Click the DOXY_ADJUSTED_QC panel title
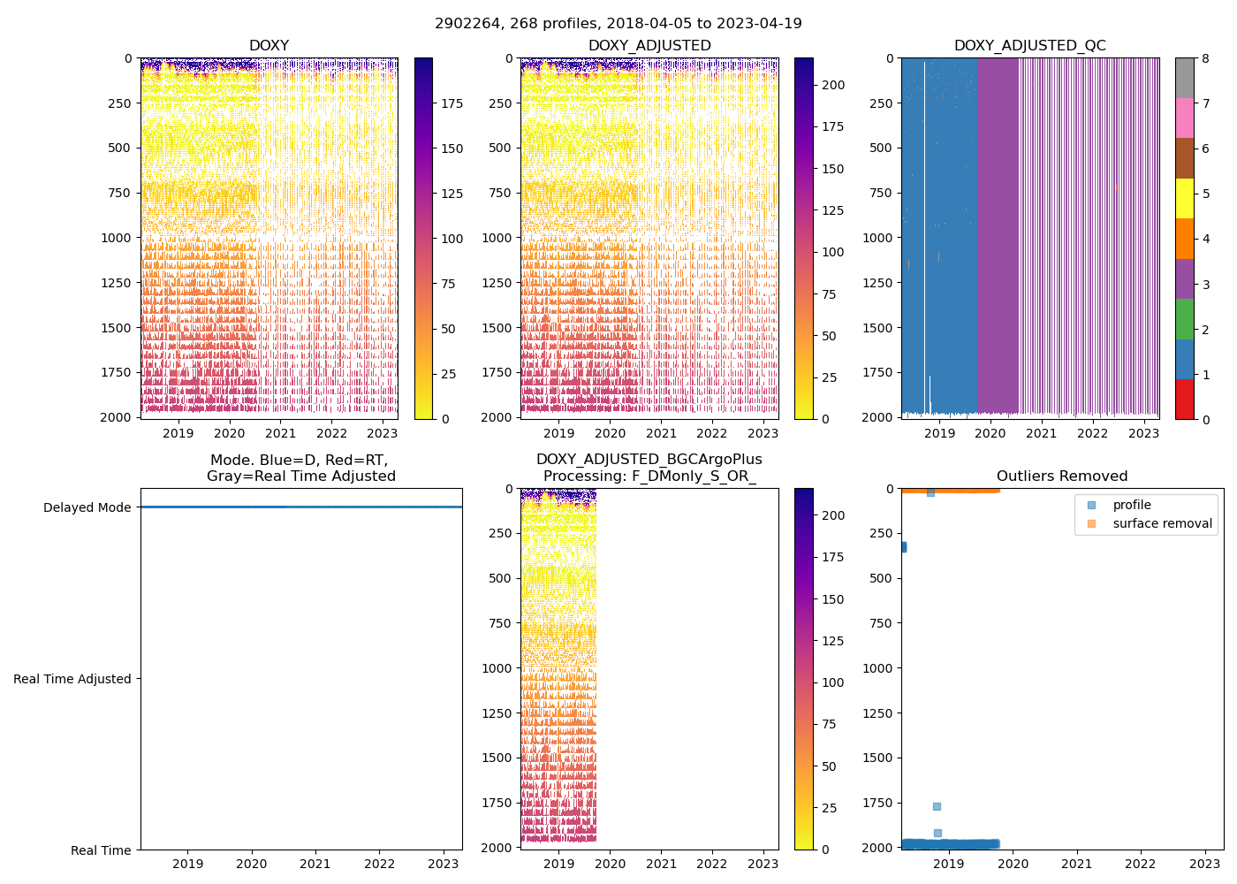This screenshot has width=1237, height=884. coord(1029,45)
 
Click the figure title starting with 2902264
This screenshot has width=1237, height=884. coord(618,24)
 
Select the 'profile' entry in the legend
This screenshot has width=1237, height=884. coord(1132,505)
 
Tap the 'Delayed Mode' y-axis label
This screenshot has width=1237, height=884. coord(87,507)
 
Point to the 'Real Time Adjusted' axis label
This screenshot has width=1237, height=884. coord(72,679)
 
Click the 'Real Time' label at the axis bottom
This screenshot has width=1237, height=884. coord(101,850)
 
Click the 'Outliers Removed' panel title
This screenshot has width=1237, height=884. coord(1062,476)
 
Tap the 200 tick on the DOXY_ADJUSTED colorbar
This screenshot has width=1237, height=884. coord(834,85)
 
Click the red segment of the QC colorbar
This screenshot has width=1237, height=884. coord(1184,399)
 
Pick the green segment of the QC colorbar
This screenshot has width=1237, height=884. coord(1184,318)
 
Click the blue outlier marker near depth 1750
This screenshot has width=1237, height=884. coord(937,806)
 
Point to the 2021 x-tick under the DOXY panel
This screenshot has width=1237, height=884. coord(281,433)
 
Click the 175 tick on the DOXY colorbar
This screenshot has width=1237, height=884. coord(452,103)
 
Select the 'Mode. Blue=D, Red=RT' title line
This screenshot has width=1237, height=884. coord(299,460)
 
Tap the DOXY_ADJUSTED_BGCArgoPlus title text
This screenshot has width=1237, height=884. coord(649,460)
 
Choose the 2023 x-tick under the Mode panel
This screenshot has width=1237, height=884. coord(444,864)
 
